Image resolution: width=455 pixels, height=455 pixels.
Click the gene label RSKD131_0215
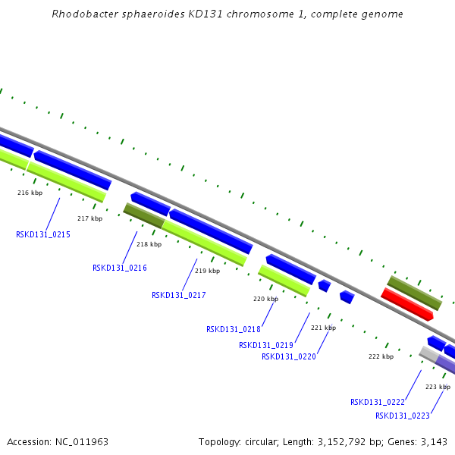(43, 235)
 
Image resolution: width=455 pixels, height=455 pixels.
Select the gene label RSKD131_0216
(120, 268)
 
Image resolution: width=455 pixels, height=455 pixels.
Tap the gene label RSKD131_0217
(179, 295)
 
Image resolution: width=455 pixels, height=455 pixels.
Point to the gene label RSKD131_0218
(234, 329)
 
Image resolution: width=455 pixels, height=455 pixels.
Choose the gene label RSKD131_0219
(266, 345)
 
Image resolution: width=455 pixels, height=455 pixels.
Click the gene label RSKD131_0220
(289, 356)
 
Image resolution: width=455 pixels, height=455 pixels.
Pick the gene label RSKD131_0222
(378, 402)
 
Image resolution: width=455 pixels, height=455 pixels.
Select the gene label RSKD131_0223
(403, 416)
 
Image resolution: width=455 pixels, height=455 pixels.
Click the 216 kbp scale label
(29, 193)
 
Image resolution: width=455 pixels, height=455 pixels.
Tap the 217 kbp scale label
(89, 218)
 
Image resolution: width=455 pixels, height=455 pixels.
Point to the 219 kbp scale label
(208, 271)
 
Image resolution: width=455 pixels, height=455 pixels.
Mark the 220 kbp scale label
(265, 299)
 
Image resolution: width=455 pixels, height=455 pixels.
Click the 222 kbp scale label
(381, 356)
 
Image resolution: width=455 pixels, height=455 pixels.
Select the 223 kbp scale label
(438, 387)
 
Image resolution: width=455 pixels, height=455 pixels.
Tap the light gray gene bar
(429, 353)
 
